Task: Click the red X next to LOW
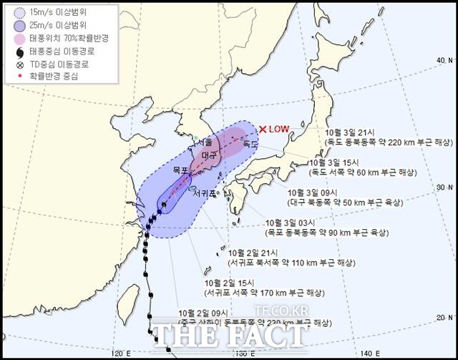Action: click(x=263, y=130)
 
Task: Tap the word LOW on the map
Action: click(x=278, y=130)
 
